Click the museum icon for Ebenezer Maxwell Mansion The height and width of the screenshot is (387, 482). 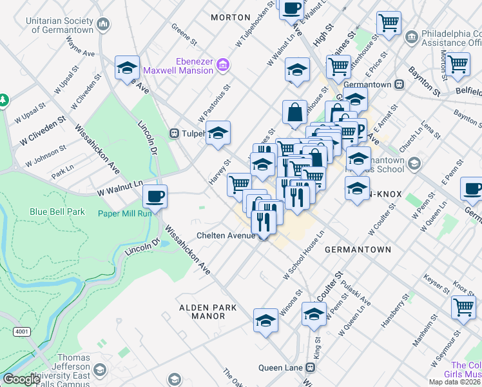click(x=223, y=64)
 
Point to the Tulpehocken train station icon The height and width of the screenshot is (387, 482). click(x=174, y=134)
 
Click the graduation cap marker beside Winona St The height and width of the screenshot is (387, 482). click(x=265, y=321)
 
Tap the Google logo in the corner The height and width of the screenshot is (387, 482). click(x=22, y=379)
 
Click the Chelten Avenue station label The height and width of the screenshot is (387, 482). click(x=226, y=236)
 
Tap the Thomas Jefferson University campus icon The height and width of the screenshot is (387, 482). click(x=99, y=370)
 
